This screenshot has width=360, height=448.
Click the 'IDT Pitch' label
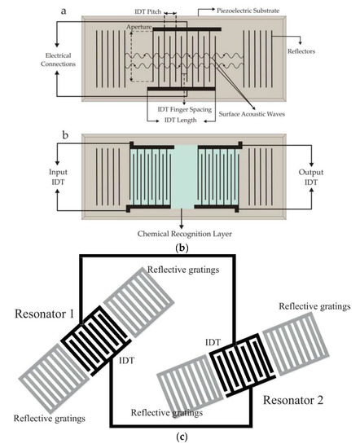(x=147, y=11)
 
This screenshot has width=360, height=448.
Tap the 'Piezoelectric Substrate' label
(x=248, y=11)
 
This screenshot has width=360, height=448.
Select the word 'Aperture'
(x=138, y=27)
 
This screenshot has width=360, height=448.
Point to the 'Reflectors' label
(x=301, y=51)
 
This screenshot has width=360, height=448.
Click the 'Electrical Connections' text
(x=58, y=59)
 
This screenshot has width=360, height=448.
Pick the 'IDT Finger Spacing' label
(x=185, y=109)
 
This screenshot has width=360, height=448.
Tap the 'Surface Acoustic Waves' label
(x=252, y=114)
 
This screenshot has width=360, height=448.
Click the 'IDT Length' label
(x=180, y=120)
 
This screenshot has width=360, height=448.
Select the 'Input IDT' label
(x=58, y=177)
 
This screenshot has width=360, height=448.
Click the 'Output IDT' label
(x=311, y=177)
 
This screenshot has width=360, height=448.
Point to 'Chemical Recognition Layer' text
(x=185, y=234)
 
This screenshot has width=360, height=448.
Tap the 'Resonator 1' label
(x=44, y=314)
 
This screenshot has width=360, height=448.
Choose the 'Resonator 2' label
(x=293, y=400)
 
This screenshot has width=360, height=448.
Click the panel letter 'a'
(x=64, y=11)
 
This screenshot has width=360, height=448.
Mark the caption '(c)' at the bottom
(x=182, y=437)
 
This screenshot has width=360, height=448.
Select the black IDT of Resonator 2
(x=243, y=366)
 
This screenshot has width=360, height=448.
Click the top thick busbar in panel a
(x=187, y=29)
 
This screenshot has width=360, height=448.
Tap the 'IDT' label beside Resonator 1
(x=126, y=361)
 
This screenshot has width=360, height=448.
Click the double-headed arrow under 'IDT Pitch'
(x=170, y=13)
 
